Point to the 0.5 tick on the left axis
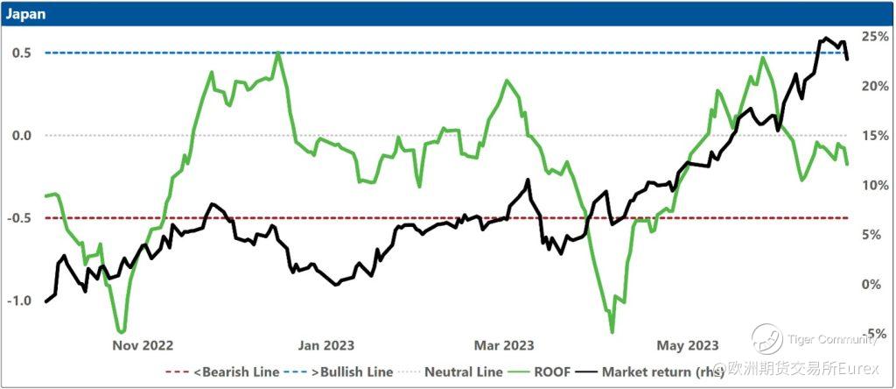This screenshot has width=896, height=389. coord(21,53)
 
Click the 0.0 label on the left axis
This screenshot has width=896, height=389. coord(21,135)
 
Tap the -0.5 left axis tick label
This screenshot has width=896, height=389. coord(19,218)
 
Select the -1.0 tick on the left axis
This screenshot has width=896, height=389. coord(19,301)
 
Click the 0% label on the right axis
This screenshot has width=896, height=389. coord(873,284)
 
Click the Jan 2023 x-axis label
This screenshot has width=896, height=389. coord(326,345)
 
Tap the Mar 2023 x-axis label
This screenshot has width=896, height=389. coord(505,345)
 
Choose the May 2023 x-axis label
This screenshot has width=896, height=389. coord(689,345)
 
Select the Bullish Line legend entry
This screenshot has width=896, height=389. coord(353,372)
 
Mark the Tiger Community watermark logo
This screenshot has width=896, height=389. coord(766,338)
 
